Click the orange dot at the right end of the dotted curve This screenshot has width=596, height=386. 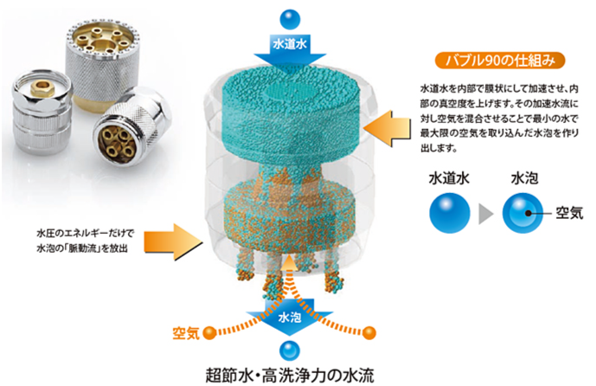pyautogui.click(x=370, y=331)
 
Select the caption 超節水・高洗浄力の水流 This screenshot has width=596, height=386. pyautogui.click(x=293, y=375)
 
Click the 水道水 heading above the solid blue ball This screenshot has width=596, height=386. pyautogui.click(x=449, y=184)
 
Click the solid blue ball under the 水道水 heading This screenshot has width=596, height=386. pyautogui.click(x=449, y=214)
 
